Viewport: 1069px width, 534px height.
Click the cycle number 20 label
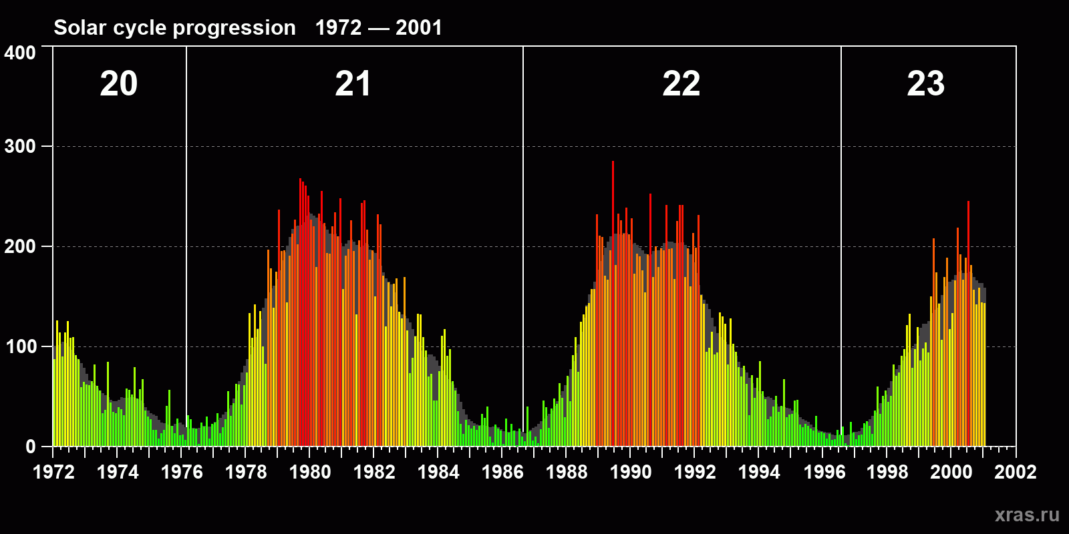point(119,84)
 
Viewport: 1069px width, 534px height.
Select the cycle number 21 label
point(353,84)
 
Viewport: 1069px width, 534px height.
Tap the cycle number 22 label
point(681,84)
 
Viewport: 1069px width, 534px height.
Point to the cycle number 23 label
point(925,84)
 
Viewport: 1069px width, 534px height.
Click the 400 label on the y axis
point(20,53)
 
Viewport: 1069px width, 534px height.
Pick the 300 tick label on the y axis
point(20,146)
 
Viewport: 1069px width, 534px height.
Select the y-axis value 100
point(20,346)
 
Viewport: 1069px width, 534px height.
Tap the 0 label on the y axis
point(31,447)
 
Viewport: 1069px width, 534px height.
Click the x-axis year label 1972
point(53,472)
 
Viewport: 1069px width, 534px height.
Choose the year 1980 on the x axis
point(310,472)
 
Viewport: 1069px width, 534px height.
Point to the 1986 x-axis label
point(502,472)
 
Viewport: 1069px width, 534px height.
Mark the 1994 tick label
point(759,472)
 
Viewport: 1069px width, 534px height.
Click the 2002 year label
point(1016,472)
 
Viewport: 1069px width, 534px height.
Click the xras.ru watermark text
point(1026,515)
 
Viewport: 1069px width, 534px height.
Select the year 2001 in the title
point(418,28)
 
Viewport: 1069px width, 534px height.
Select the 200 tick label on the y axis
point(20,246)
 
